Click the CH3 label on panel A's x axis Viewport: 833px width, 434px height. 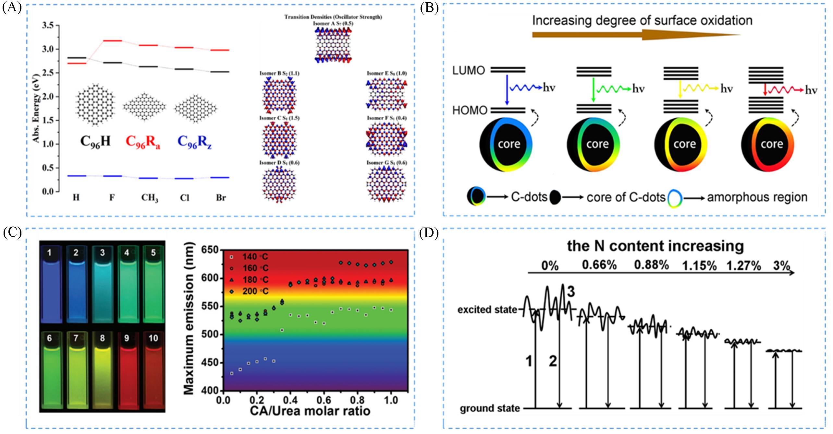[150, 198]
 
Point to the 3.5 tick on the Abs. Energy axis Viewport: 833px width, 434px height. [48, 25]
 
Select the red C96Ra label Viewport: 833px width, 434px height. [143, 142]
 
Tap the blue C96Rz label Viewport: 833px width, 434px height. [194, 142]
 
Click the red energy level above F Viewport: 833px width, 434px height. [112, 41]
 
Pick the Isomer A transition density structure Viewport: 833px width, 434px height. [333, 45]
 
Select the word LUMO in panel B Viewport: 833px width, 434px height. [469, 70]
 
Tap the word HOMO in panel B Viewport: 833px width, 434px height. [470, 111]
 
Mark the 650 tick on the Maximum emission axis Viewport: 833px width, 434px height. [210, 250]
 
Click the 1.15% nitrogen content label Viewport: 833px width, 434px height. [699, 266]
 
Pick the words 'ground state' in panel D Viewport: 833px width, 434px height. [489, 408]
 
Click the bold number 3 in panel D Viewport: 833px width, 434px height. [571, 291]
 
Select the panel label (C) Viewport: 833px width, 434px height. [12, 233]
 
